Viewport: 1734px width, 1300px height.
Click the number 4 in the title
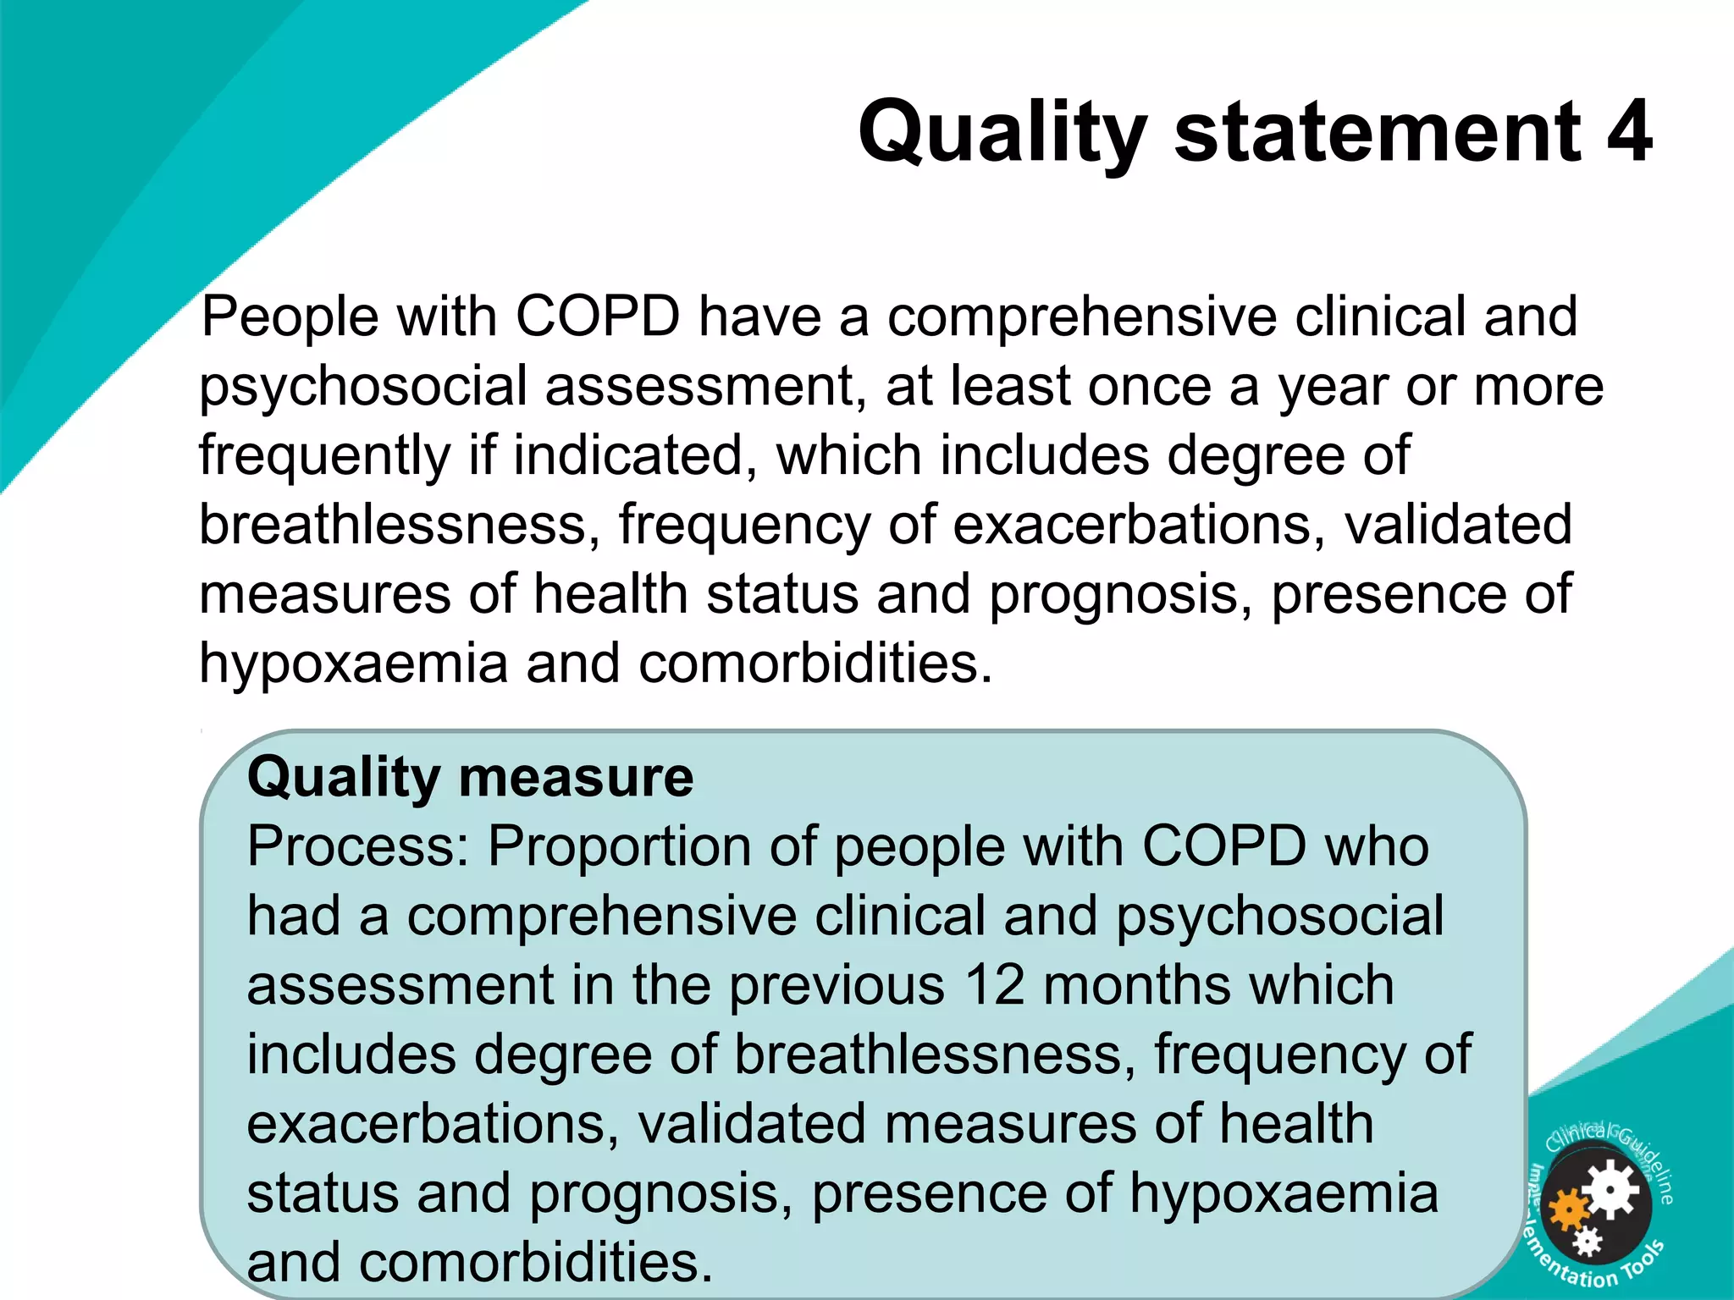[x=1629, y=132]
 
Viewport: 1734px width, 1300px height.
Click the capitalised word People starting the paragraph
[x=290, y=317]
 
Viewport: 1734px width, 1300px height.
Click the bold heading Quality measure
[x=470, y=777]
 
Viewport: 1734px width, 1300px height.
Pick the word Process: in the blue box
[x=358, y=847]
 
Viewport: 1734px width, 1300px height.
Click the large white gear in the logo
[x=1610, y=1192]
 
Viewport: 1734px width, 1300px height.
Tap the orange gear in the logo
[x=1568, y=1210]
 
